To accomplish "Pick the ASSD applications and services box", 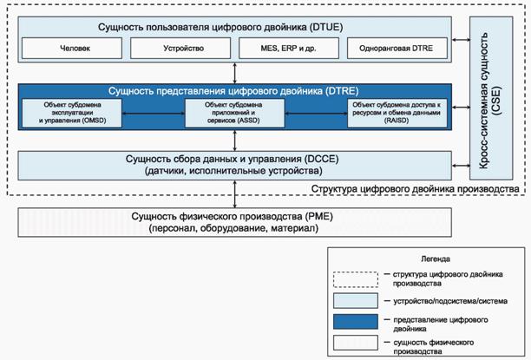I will [235, 113].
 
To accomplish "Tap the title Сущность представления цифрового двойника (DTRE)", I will [235, 89].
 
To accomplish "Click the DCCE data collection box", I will [235, 163].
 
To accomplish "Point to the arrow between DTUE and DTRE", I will [235, 72].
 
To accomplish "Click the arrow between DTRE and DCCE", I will [235, 140].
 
